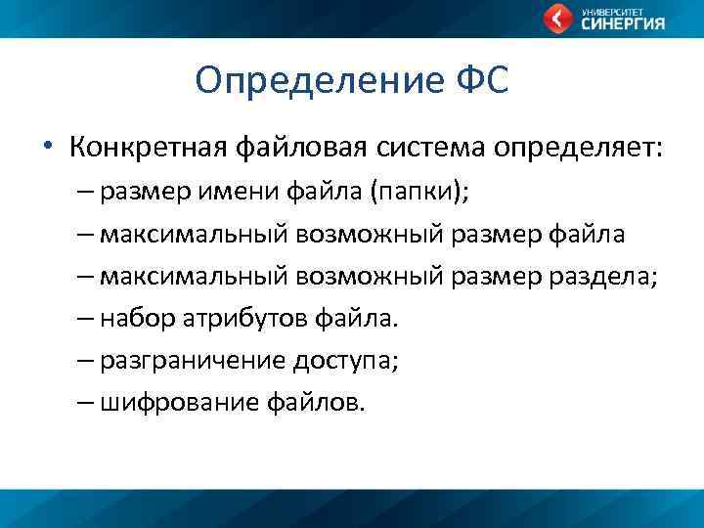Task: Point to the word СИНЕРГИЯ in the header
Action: (623, 24)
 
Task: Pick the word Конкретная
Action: (148, 148)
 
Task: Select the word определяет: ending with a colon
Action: (577, 148)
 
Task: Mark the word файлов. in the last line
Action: (314, 402)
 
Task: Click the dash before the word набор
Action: (84, 318)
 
